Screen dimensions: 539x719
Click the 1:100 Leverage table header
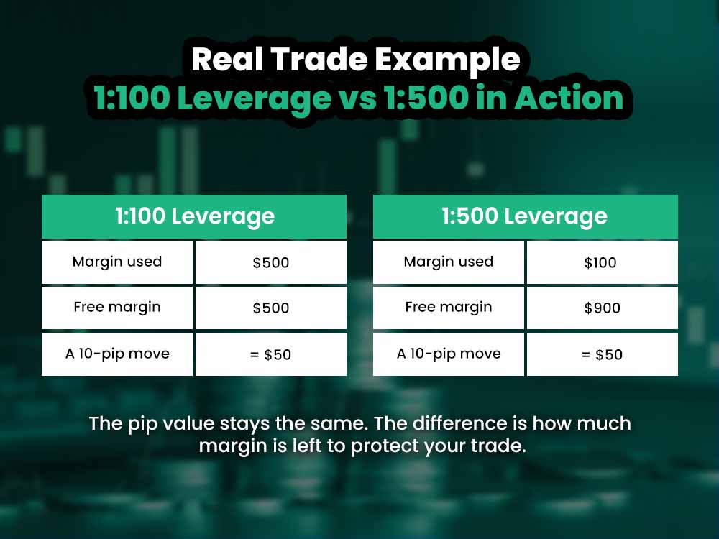[194, 216]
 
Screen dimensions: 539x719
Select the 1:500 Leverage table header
[525, 216]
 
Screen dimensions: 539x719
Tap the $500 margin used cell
[270, 262]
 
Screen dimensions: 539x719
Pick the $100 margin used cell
[601, 262]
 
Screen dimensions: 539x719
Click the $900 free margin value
[602, 308]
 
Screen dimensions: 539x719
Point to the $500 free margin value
[270, 308]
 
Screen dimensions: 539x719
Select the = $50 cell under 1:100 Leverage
[270, 354]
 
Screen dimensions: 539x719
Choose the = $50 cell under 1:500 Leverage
[602, 354]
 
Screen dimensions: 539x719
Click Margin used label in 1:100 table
[117, 262]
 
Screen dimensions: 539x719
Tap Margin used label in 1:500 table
[449, 262]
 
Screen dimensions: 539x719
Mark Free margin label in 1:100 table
[117, 308]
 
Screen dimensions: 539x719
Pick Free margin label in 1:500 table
[449, 308]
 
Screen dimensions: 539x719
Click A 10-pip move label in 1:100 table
[117, 354]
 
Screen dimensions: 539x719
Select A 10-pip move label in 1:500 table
[449, 354]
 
